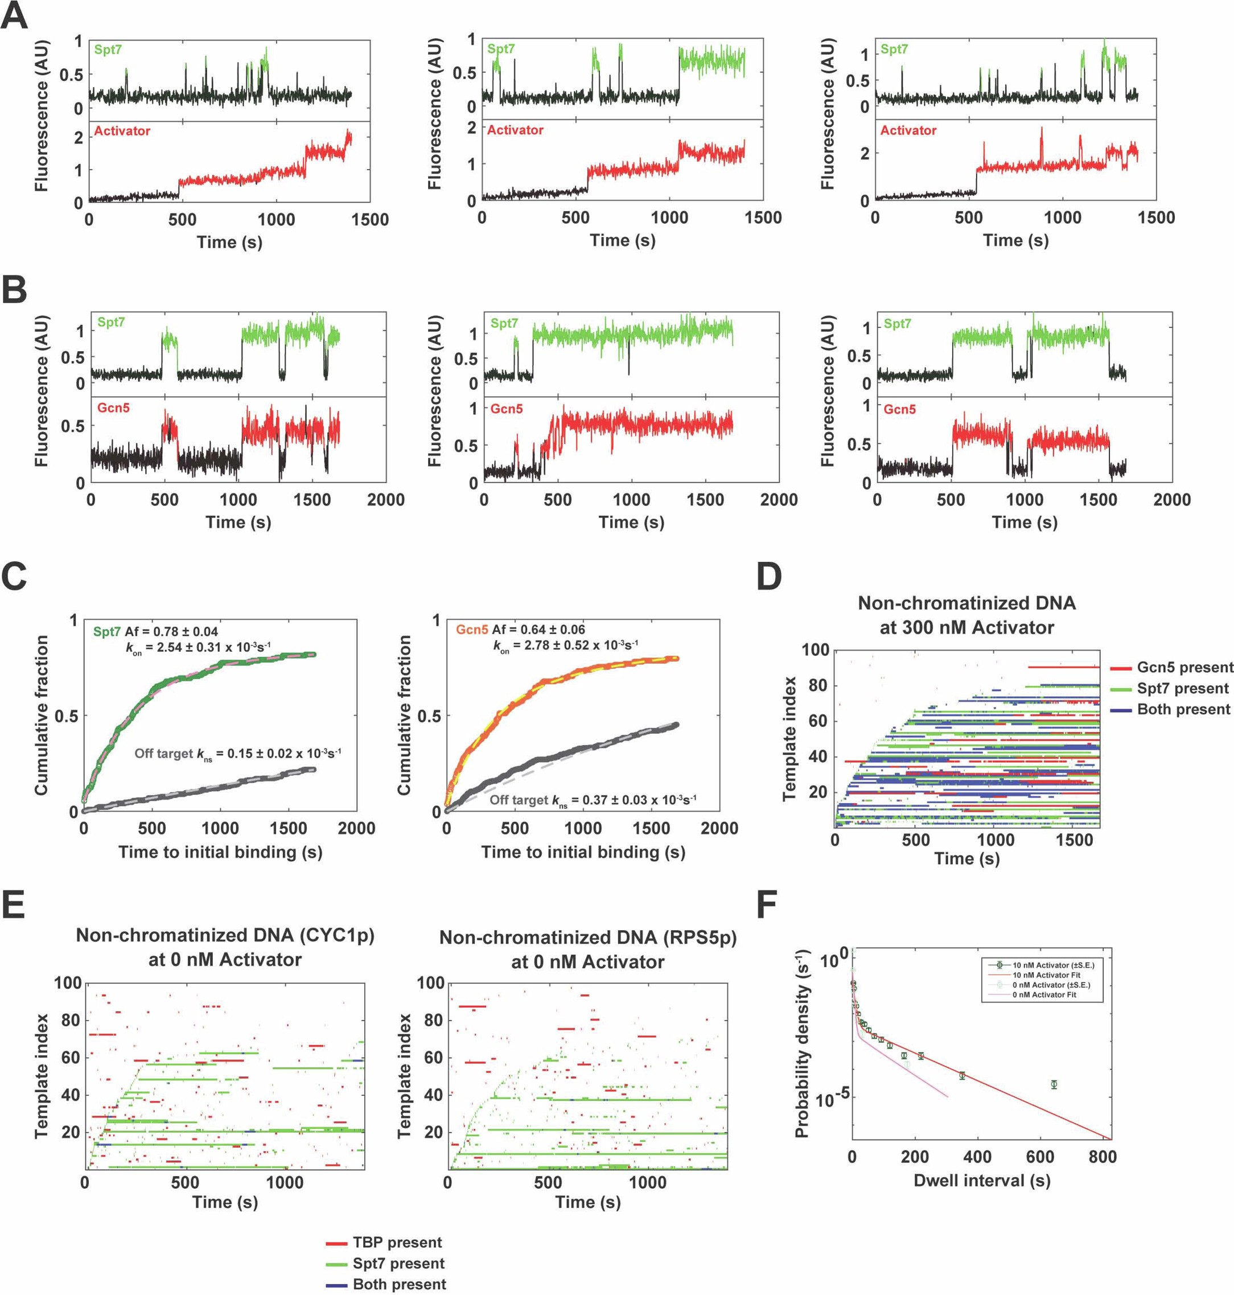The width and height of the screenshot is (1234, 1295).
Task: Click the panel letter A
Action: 14,17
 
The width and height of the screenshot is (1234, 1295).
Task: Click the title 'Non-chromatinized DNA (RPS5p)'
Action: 587,938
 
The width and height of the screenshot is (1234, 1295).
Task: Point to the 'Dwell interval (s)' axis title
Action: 981,1181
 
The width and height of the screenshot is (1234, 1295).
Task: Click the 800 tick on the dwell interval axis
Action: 1103,1157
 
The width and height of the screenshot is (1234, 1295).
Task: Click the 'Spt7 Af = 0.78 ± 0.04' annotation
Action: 155,631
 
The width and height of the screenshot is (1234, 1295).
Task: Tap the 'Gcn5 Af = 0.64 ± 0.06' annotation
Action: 520,630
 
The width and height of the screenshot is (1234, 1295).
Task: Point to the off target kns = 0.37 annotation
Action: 593,800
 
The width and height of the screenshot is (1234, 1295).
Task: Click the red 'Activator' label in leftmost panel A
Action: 122,131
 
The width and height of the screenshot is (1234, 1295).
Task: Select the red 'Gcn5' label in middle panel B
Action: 507,409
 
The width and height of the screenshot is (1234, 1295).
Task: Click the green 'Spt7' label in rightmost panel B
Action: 897,323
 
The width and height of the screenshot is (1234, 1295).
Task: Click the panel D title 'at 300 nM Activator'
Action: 966,627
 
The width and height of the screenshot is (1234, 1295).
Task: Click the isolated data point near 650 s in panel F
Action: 1054,1084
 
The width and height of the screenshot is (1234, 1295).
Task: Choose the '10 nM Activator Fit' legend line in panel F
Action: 1046,975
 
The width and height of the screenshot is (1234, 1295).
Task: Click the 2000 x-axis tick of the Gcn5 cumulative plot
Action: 719,828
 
